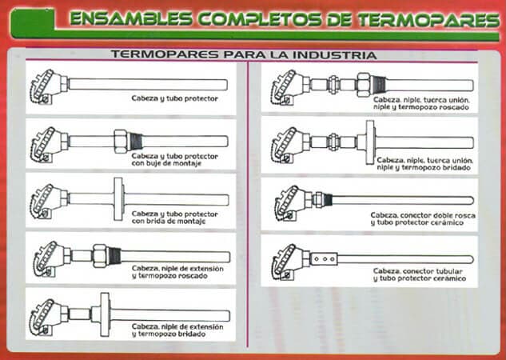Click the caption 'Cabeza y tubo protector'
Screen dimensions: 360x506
pos(174,98)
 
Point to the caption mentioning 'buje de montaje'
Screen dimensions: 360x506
pos(174,157)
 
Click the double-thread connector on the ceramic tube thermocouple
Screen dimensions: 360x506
pos(318,199)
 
